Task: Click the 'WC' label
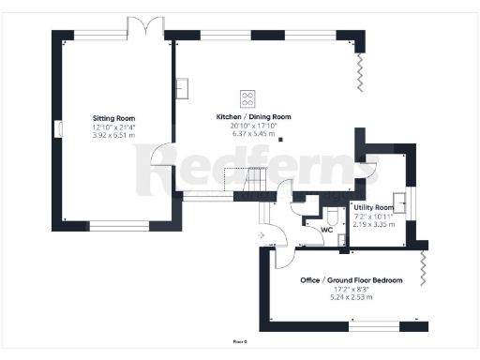pos(327,229)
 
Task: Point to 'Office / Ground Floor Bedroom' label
pos(352,280)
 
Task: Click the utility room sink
pos(399,202)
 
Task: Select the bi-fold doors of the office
pos(425,268)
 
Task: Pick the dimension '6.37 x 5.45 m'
pos(247,133)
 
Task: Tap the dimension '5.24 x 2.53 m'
pos(352,297)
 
